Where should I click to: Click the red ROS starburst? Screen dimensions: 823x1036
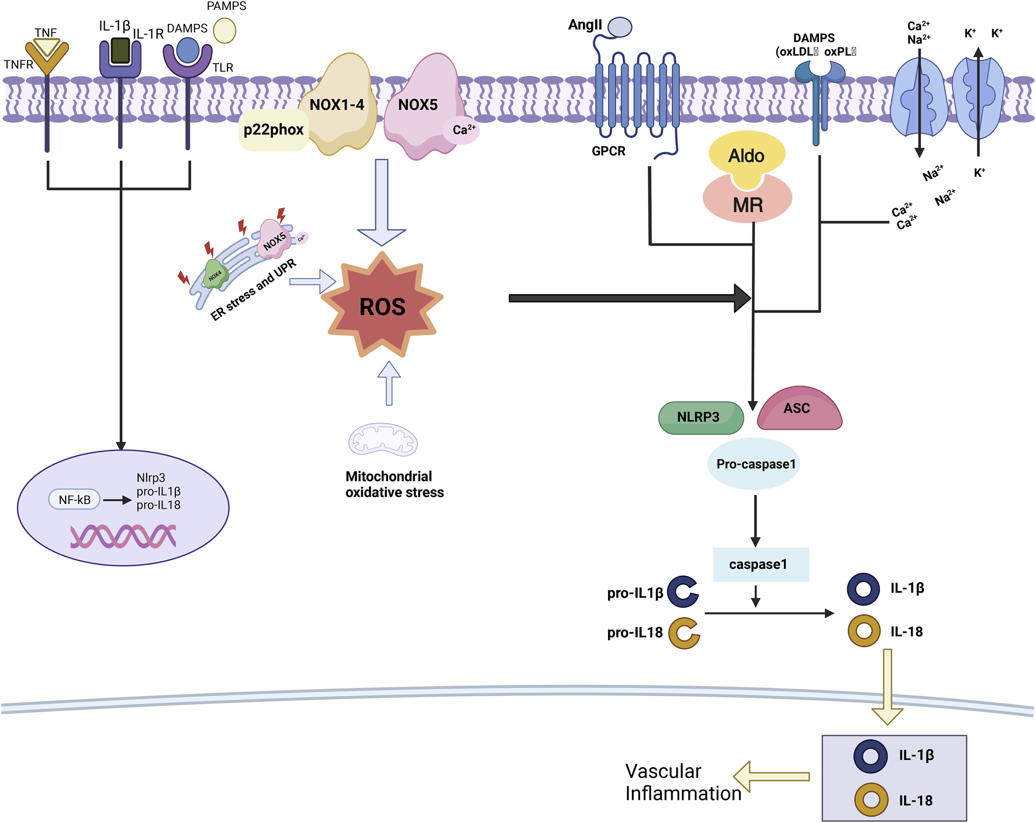(383, 306)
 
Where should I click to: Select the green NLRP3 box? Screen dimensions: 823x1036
(700, 417)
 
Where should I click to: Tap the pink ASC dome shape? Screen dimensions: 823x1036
(799, 409)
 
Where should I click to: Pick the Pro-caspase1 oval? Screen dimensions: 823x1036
(754, 464)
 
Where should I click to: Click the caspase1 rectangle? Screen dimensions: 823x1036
(761, 565)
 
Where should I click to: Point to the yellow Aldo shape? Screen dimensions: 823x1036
(747, 155)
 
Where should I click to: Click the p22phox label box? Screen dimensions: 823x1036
(274, 130)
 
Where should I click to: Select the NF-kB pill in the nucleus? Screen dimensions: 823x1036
(75, 500)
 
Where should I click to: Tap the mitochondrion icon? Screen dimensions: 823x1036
(383, 440)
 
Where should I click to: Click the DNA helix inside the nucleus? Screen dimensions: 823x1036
(123, 536)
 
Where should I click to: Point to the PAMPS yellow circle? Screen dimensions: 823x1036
(225, 30)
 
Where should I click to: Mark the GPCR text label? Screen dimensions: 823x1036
(608, 151)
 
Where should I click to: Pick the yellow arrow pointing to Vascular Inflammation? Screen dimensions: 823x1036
(772, 776)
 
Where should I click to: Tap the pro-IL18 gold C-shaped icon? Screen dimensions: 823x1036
(683, 633)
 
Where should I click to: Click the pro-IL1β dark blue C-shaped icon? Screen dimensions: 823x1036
(682, 592)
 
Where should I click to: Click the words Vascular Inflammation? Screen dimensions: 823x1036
(682, 782)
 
